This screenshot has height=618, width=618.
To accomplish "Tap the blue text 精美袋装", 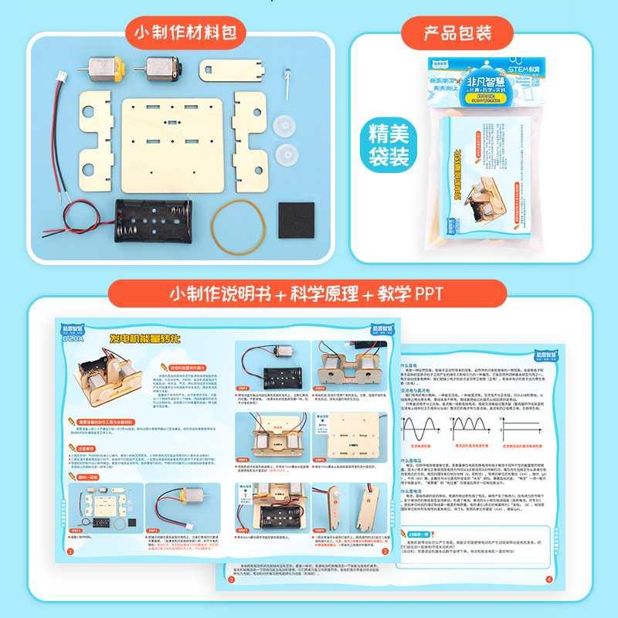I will pyautogui.click(x=389, y=144).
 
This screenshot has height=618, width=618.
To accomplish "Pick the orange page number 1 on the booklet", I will pyautogui.click(x=70, y=552).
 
